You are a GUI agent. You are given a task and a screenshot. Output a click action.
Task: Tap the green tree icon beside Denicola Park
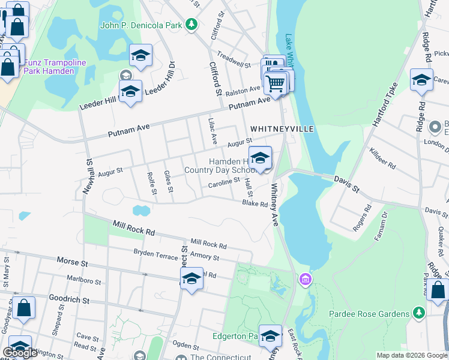point(191,25)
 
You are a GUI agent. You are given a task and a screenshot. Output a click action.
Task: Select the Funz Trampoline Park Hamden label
point(49,67)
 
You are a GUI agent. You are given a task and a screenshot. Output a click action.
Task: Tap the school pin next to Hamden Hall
point(260,159)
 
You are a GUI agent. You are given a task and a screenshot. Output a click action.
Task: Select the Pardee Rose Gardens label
point(369,314)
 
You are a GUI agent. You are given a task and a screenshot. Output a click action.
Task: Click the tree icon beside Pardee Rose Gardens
point(418,313)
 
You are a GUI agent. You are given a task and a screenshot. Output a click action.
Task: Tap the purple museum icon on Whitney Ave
point(306,279)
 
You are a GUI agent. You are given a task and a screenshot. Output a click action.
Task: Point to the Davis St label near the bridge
point(346,184)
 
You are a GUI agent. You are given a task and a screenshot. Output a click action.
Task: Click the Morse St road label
point(72,262)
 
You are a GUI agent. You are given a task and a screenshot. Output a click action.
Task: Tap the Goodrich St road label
point(68,299)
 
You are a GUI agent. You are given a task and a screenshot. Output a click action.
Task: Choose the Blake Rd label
point(255,203)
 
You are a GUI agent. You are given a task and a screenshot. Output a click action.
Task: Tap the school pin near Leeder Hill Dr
point(130,92)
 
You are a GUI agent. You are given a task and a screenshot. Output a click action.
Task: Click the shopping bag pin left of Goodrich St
point(25,308)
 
